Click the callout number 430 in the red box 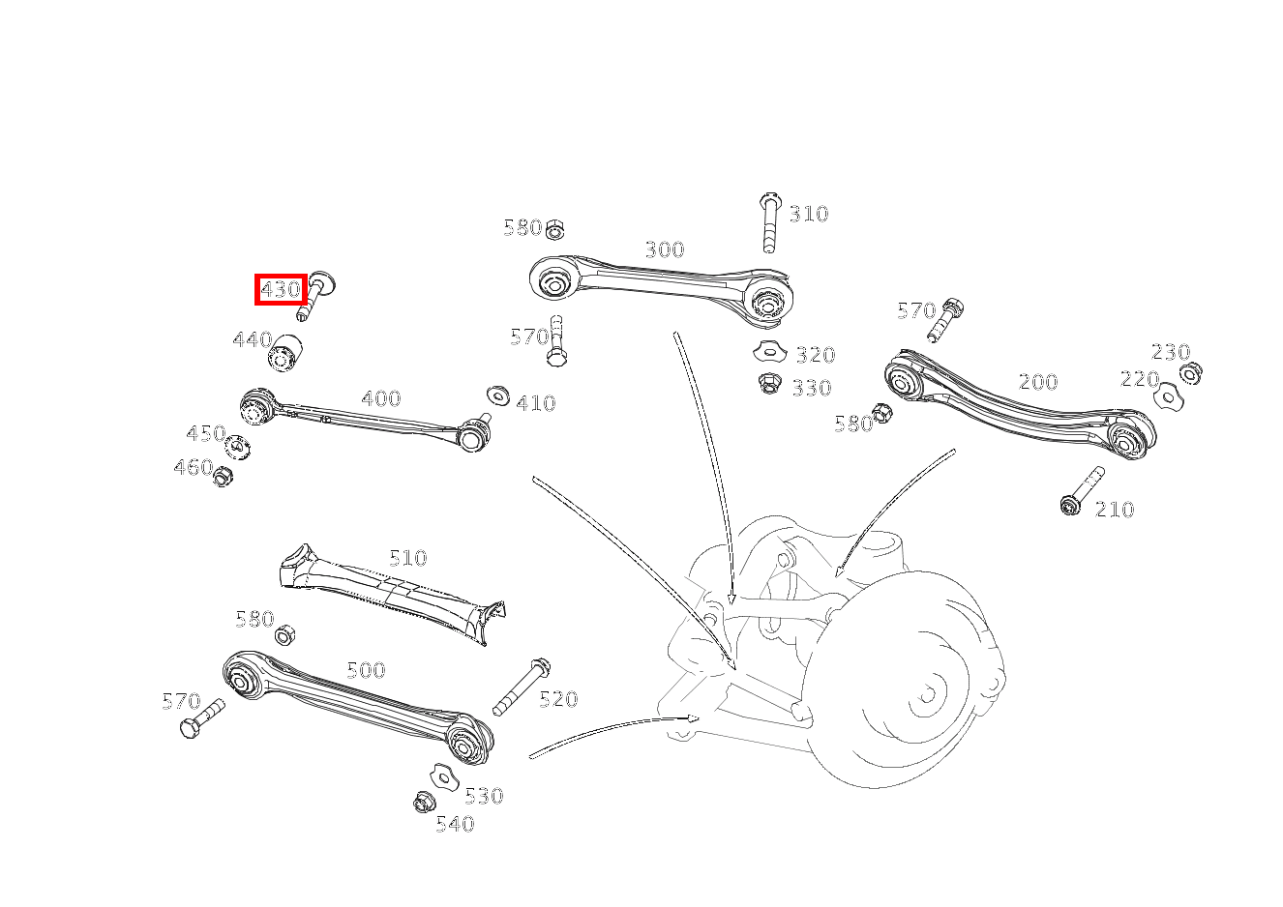281,289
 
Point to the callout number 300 664,250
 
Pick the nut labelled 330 769,384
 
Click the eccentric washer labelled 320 769,351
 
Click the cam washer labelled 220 1168,395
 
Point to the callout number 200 1037,382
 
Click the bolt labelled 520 522,686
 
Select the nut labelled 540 422,802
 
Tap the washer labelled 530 442,775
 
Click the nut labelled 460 223,476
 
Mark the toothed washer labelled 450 237,448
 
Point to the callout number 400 380,398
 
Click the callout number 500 366,670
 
